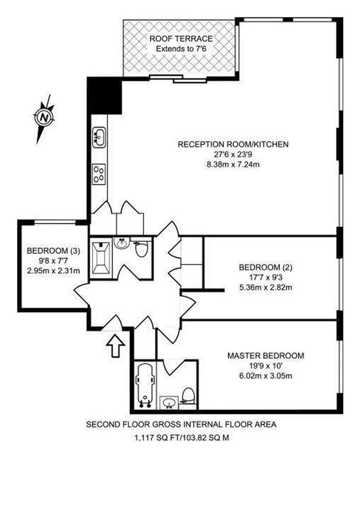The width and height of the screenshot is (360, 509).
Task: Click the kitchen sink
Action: click(x=99, y=138)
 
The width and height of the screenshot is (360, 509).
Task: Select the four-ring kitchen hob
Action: click(x=99, y=173)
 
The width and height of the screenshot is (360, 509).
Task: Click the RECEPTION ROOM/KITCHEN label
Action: click(x=232, y=144)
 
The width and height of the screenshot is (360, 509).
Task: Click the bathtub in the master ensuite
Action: click(x=144, y=385)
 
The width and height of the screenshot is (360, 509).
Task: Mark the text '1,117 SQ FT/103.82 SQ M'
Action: click(x=181, y=437)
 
